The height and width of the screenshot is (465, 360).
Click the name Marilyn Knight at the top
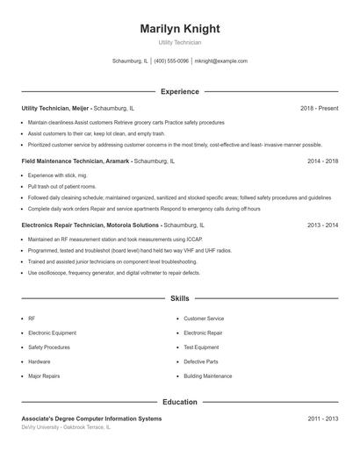(180, 29)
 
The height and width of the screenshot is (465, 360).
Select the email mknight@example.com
(221, 61)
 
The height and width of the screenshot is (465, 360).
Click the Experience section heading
(180, 91)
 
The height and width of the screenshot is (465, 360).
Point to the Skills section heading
(180, 298)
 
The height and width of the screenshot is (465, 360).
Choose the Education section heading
(180, 402)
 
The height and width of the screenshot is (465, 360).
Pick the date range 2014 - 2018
(322, 161)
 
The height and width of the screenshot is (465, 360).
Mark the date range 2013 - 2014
(322, 225)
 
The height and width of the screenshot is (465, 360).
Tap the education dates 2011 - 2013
(322, 418)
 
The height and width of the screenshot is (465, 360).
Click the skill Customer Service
(204, 318)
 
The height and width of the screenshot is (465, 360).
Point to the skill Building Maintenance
(208, 376)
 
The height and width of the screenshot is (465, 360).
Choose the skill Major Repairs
(45, 376)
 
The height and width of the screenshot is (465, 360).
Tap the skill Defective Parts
(200, 361)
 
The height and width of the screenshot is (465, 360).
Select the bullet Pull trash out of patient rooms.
(61, 187)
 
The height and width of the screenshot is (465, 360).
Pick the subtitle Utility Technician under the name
(180, 42)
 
